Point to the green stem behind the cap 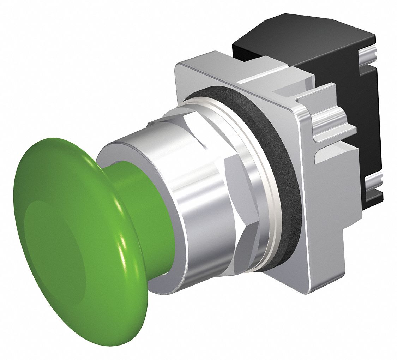148,212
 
